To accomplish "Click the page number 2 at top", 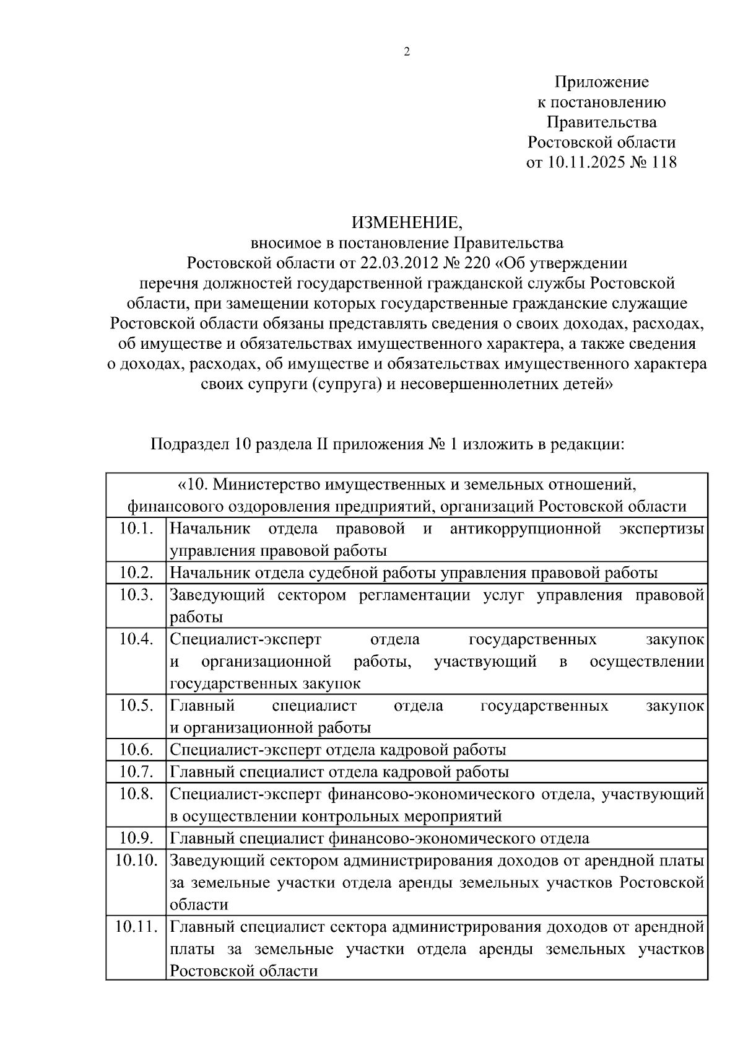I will click(407, 52).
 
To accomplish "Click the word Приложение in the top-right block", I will click(601, 82).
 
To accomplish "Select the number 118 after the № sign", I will click(664, 162).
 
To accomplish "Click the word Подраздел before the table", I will click(190, 444).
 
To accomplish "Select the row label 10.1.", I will click(136, 528).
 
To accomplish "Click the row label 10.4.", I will click(136, 639).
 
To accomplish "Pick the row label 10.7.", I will click(136, 771).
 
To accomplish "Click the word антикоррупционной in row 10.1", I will click(526, 528).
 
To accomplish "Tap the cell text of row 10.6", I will click(337, 750).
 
